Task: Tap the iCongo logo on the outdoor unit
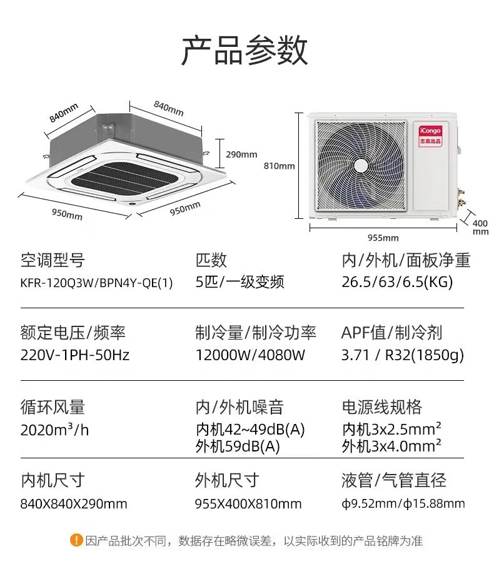coord(430,134)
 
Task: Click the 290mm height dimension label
coord(241,154)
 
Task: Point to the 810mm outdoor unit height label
coord(279,166)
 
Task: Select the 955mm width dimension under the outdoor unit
coord(383,238)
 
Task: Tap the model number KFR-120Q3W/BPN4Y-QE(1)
coord(96,282)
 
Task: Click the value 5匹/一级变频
coord(239,282)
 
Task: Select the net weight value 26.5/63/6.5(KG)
coord(396,282)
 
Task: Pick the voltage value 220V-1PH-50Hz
coord(75,355)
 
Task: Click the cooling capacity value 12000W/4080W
coord(250,355)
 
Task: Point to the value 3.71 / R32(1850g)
coord(403,355)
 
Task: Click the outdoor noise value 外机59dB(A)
coord(238,446)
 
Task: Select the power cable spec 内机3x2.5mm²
coord(392,430)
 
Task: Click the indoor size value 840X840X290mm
coord(74,503)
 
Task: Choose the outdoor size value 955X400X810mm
coord(248,503)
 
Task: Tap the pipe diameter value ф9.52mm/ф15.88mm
coord(403,503)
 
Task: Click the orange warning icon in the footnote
coord(76,540)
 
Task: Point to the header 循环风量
coord(53,408)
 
